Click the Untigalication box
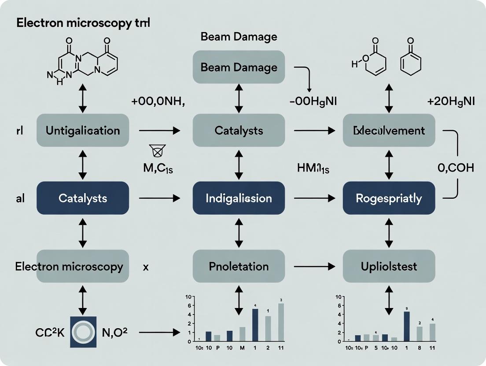click(83, 131)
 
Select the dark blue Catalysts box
click(83, 198)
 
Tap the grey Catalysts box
click(239, 131)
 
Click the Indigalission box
click(239, 198)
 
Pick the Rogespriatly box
click(389, 198)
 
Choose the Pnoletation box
click(239, 266)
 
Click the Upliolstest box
click(389, 266)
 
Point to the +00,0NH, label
click(158, 101)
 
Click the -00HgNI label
click(313, 101)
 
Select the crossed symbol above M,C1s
click(157, 152)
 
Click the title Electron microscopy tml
click(83, 23)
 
